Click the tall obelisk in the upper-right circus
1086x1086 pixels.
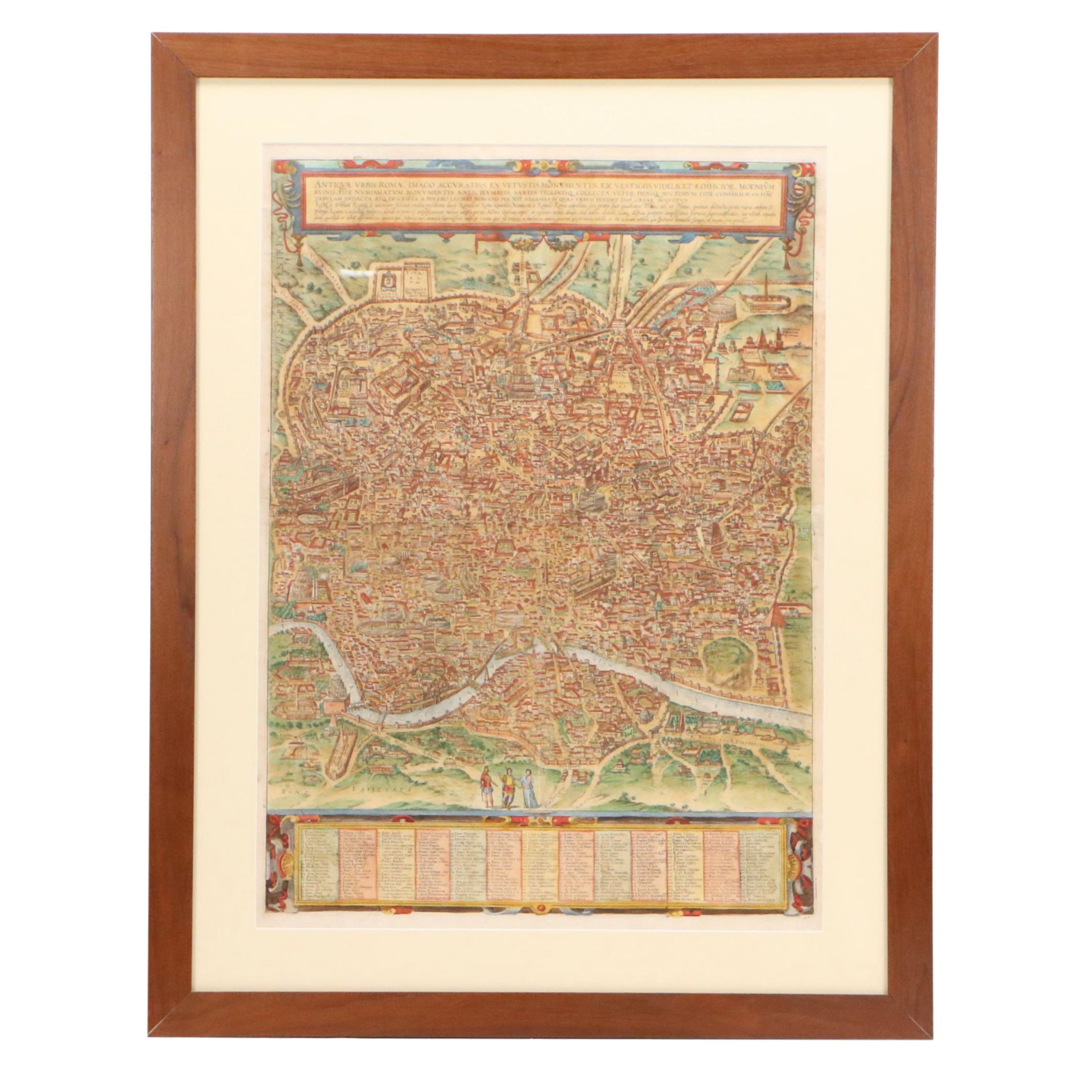(x=765, y=292)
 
